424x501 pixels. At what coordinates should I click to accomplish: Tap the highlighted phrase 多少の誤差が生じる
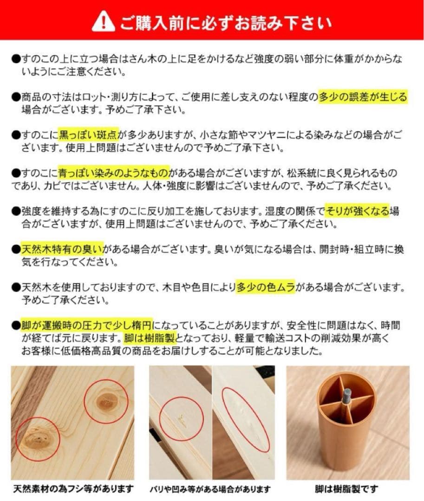[x=363, y=97]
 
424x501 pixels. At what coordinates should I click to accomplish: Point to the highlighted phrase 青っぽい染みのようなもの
[x=114, y=173]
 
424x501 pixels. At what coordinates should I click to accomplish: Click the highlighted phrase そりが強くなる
[x=357, y=212]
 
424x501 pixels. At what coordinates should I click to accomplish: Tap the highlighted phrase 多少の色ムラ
[x=266, y=288]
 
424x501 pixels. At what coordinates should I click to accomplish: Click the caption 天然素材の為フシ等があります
[x=73, y=489]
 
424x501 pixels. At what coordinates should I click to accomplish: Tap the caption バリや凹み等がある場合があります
[x=210, y=489]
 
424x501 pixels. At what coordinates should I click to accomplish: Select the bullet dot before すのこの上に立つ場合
[x=16, y=59]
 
